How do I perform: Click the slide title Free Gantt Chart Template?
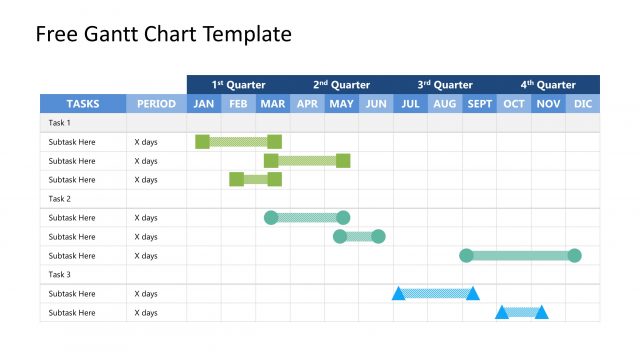pos(163,35)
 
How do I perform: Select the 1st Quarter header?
pos(238,85)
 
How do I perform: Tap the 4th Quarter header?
pos(548,85)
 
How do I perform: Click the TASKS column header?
pos(83,104)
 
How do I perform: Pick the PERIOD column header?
pos(156,104)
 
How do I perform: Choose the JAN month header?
pos(204,104)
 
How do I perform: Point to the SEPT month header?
pos(479,104)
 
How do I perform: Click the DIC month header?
pos(583,104)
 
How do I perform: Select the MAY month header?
pos(341,104)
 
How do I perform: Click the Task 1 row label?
pos(60,123)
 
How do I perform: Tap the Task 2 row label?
pos(60,199)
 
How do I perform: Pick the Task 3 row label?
pos(60,275)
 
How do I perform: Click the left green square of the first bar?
pos(202,142)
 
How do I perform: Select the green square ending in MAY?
pos(343,161)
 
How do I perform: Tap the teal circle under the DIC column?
pos(574,256)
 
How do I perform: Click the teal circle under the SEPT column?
pos(466,256)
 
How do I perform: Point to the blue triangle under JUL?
pos(398,294)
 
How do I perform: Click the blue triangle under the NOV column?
pos(541,312)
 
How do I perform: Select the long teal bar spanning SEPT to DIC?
pos(520,256)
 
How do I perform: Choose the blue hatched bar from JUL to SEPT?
pos(435,294)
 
